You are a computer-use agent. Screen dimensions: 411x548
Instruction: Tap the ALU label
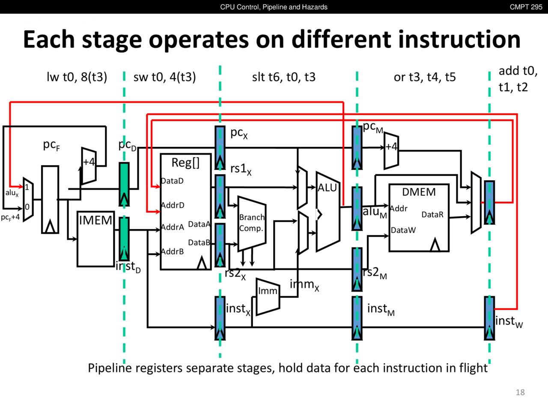(x=328, y=188)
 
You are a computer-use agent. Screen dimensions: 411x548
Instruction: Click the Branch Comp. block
(x=252, y=223)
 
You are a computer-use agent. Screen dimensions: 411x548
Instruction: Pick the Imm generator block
(x=268, y=296)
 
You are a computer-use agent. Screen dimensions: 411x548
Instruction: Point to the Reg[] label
(x=185, y=163)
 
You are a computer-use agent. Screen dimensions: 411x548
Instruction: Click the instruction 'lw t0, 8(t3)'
(x=77, y=77)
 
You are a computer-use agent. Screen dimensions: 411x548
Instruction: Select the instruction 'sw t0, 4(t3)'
(x=165, y=77)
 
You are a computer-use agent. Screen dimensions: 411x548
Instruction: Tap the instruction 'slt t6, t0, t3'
(x=283, y=77)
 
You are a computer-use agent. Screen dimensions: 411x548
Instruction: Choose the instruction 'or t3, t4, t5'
(x=425, y=77)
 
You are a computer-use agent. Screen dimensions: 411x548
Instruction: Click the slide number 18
(x=520, y=392)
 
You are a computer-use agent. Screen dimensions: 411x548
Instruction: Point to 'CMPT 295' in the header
(x=526, y=7)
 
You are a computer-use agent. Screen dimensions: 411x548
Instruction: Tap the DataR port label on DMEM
(x=432, y=214)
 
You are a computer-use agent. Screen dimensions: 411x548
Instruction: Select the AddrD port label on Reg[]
(x=173, y=205)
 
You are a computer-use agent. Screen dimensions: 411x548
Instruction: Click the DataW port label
(x=403, y=230)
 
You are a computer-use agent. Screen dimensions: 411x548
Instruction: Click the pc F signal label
(x=51, y=145)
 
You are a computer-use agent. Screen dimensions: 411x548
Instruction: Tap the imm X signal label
(x=304, y=285)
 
